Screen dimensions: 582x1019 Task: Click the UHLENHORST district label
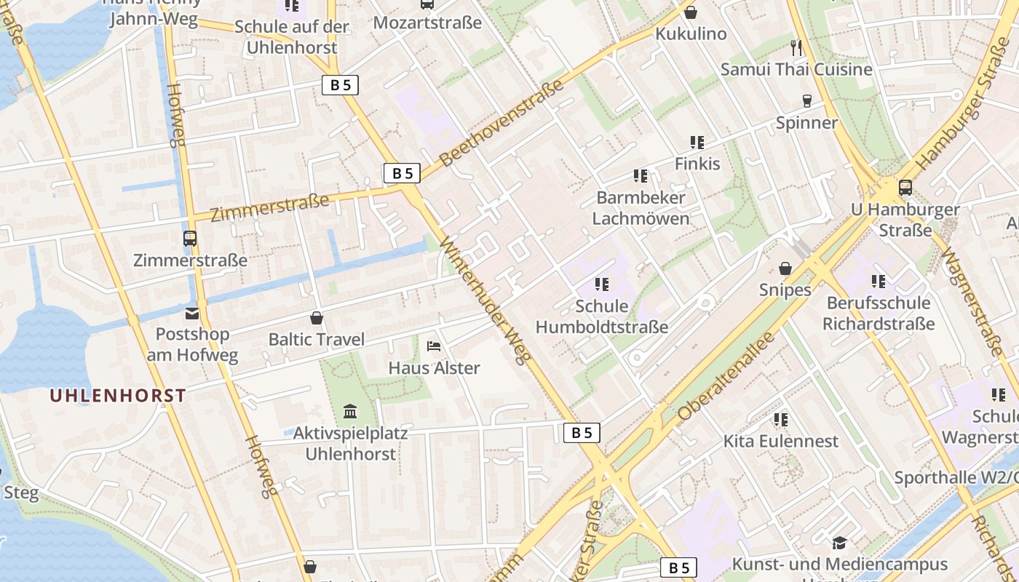point(118,396)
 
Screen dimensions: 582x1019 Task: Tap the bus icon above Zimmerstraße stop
point(190,238)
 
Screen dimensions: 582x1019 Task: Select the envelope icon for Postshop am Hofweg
point(192,314)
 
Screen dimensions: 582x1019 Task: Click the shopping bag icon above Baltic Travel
point(317,318)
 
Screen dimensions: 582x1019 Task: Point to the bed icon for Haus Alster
point(434,346)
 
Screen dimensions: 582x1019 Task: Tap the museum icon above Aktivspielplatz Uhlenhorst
point(350,412)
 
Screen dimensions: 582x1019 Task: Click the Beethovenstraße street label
point(502,124)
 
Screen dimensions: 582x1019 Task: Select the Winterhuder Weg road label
point(487,301)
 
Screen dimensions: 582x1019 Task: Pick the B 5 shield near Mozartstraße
point(340,85)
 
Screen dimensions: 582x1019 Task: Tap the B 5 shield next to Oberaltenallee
point(582,433)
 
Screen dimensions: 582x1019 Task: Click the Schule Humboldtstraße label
point(601,317)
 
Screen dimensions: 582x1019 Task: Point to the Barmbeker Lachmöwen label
point(641,208)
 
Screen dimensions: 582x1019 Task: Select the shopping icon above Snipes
point(785,268)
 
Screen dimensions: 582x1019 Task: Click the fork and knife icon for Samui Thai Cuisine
point(796,48)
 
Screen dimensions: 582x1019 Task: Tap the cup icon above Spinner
point(806,101)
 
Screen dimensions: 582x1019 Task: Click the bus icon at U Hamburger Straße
point(905,188)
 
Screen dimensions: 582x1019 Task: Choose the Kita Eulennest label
point(780,441)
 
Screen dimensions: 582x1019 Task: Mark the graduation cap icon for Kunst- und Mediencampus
point(839,543)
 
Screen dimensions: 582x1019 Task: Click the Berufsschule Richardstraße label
point(878,313)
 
